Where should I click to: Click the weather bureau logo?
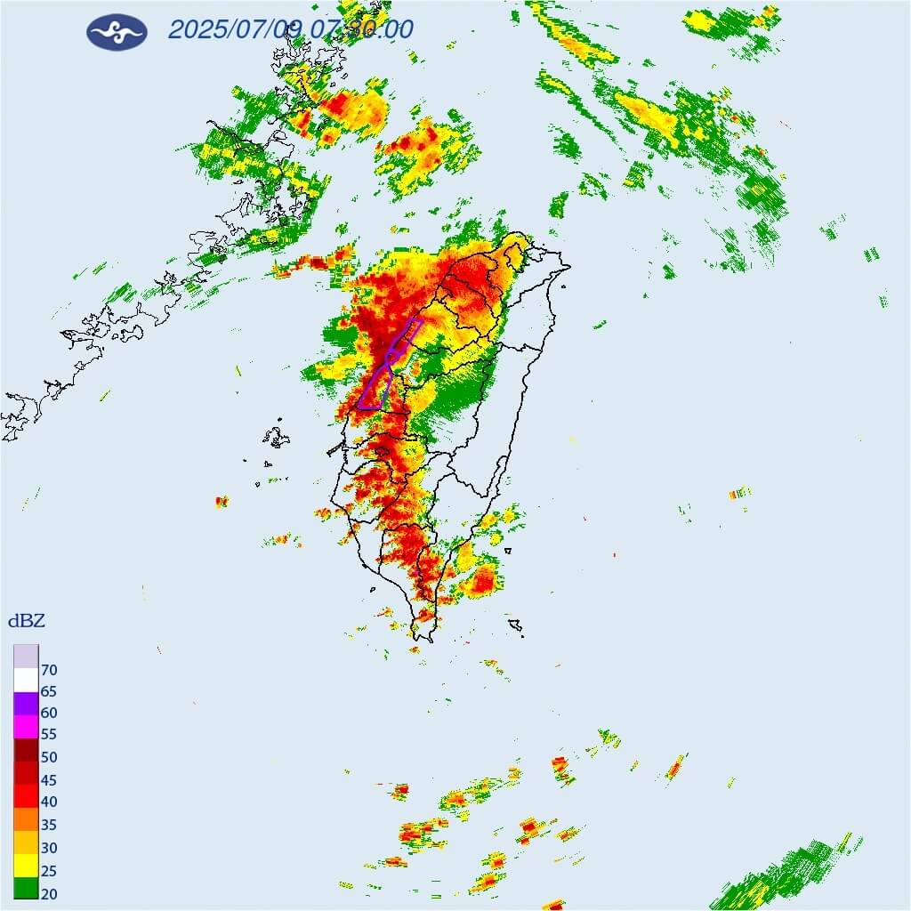tap(117, 31)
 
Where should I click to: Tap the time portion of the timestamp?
tap(362, 29)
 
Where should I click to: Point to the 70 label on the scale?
tap(49, 669)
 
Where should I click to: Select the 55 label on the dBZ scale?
tap(49, 736)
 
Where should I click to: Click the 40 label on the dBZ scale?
tap(49, 802)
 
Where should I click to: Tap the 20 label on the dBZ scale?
tap(49, 892)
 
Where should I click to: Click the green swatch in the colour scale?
tap(26, 887)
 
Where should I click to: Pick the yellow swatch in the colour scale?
tap(26, 864)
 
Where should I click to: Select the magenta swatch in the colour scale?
tap(26, 726)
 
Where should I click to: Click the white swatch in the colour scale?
tap(26, 680)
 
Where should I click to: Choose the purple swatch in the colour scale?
tap(26, 703)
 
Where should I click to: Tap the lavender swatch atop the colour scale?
tap(26, 656)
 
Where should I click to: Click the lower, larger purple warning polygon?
tap(375, 389)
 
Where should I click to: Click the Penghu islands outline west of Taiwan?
tap(277, 437)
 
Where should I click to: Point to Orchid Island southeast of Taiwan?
tap(514, 626)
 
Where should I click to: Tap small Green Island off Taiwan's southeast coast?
tap(507, 551)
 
